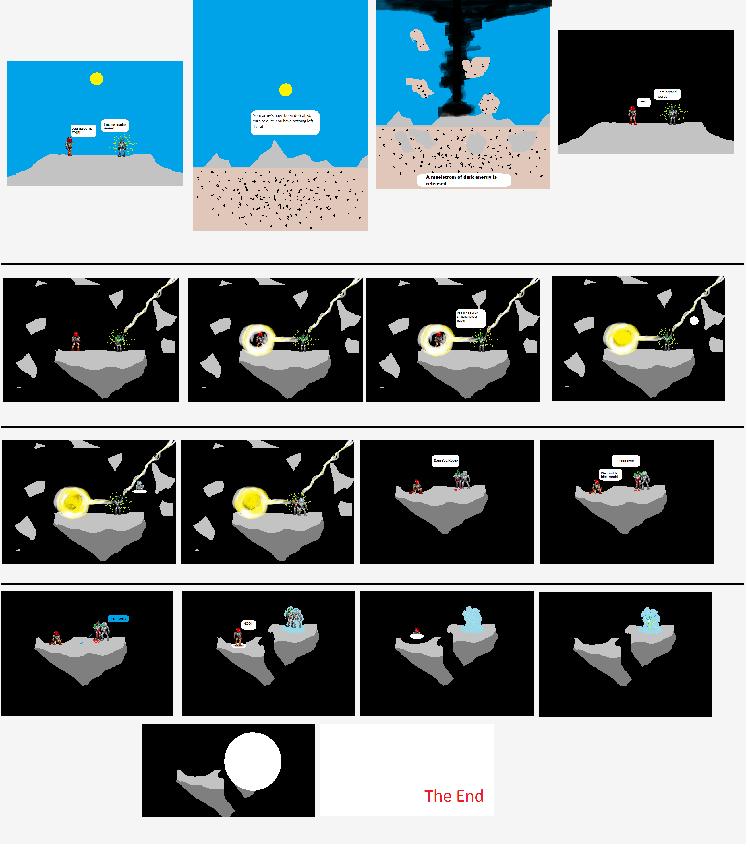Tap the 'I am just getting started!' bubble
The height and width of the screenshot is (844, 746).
tap(115, 125)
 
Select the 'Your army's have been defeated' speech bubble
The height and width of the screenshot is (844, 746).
tap(285, 122)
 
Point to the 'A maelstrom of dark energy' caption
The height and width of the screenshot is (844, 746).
tap(463, 180)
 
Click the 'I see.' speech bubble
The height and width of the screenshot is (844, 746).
tap(643, 102)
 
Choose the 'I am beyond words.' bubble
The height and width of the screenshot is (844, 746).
tap(667, 94)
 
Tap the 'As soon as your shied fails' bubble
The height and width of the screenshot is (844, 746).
tap(470, 318)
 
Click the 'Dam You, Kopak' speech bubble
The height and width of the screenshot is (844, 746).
tap(445, 461)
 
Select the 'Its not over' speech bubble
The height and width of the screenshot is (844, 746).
tap(625, 461)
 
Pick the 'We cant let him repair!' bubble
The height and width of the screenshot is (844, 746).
tap(610, 475)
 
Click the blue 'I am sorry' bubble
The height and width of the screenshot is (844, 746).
tap(119, 618)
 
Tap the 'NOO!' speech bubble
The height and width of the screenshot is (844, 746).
tap(248, 624)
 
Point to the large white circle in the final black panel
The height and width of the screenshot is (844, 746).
tap(253, 761)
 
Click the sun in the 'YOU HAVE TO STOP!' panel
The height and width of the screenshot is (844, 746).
tap(97, 78)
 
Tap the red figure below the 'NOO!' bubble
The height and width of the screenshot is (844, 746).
tap(238, 637)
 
